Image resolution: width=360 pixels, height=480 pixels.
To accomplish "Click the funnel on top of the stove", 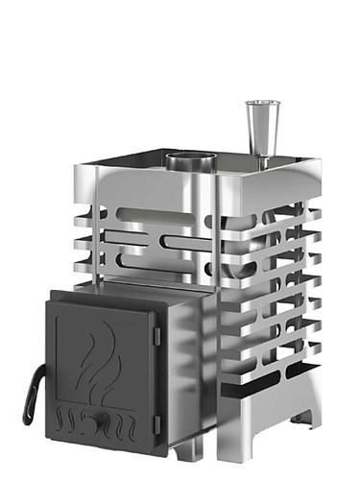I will click(257, 124).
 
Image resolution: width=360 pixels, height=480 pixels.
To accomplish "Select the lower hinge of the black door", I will click(157, 420).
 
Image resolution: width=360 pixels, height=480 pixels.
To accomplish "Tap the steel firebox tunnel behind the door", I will click(187, 317).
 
